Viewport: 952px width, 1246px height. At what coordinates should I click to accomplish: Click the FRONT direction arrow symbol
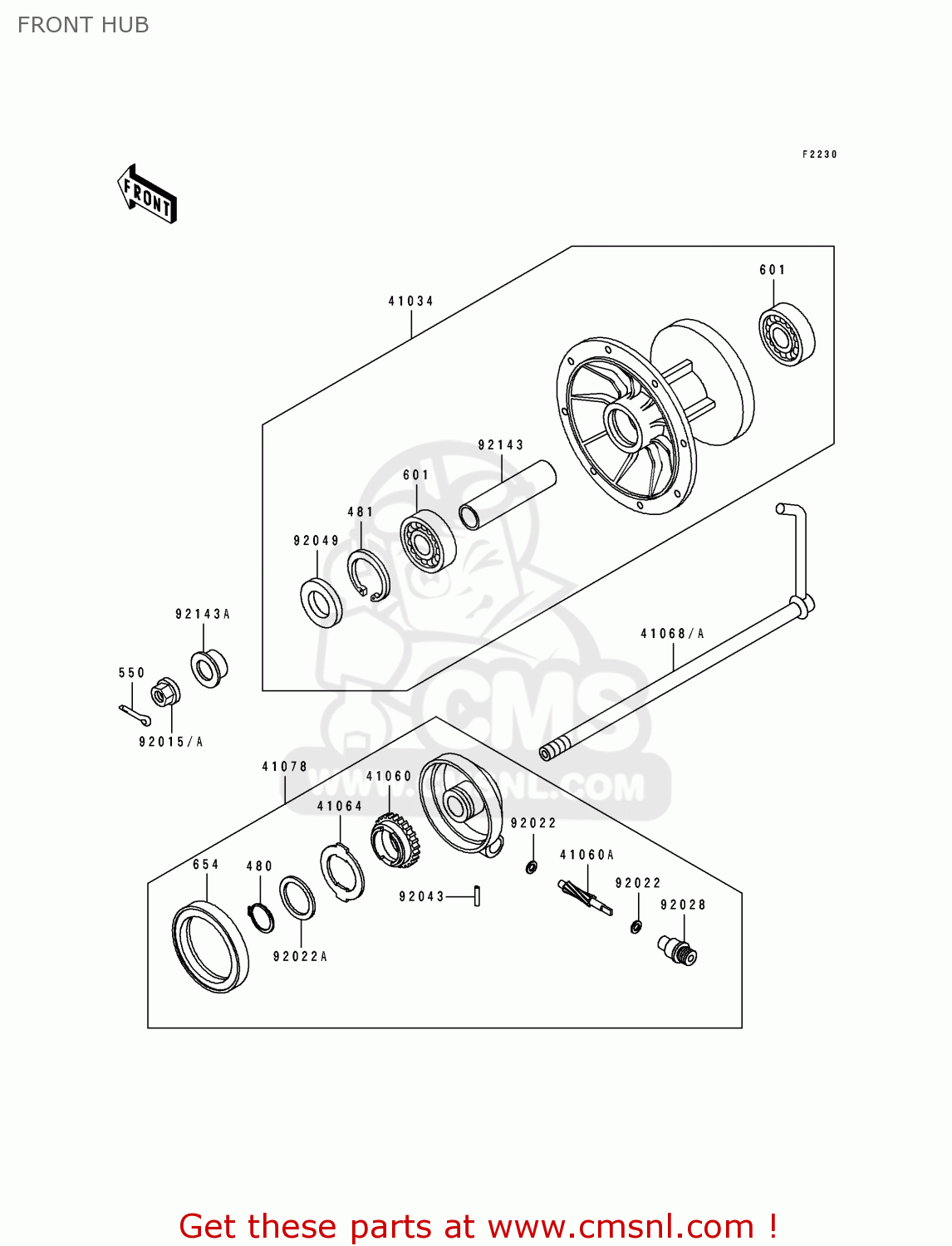(x=147, y=194)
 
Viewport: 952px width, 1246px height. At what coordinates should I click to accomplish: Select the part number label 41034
(x=410, y=302)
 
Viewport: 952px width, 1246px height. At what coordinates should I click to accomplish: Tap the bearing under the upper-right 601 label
(x=786, y=336)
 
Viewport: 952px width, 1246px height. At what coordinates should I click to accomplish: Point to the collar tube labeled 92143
(x=507, y=495)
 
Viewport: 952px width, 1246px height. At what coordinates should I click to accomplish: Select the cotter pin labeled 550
(x=134, y=714)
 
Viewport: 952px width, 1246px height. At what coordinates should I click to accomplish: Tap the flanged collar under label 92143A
(x=209, y=668)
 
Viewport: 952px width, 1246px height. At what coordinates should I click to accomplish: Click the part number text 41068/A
(x=672, y=634)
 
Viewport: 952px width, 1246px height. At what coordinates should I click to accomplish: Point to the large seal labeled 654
(x=210, y=947)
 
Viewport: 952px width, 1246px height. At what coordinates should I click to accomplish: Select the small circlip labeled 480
(x=261, y=917)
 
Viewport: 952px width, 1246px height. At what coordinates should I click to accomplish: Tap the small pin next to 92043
(x=477, y=896)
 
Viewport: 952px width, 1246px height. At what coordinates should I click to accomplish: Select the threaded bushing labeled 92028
(x=678, y=950)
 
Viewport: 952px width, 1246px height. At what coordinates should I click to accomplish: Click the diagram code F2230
(x=819, y=155)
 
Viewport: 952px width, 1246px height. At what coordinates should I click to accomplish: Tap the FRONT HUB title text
(x=83, y=25)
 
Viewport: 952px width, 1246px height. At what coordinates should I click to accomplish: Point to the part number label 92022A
(x=300, y=957)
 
